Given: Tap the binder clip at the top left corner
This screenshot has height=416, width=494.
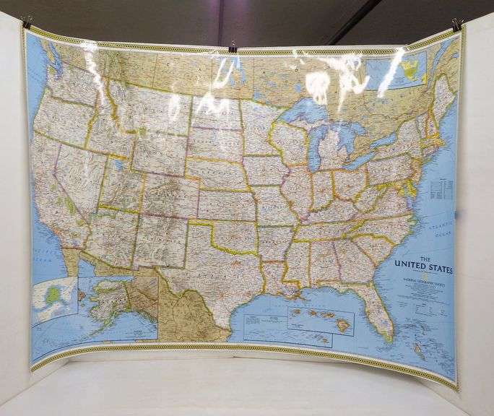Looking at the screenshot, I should coord(27,22).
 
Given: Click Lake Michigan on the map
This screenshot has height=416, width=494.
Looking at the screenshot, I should coord(323,141).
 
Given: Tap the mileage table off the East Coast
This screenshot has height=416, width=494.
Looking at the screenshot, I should coord(438,189).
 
